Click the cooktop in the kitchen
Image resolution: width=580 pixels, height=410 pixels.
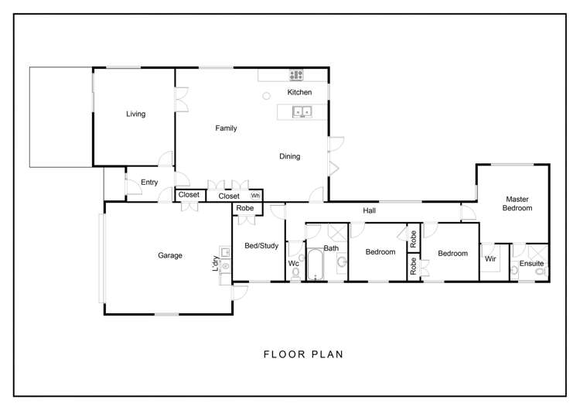[296, 75]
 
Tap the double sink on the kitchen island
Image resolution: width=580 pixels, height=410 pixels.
[302, 112]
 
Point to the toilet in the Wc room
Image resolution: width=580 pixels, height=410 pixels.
[295, 272]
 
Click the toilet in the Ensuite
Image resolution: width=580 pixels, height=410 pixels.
[540, 272]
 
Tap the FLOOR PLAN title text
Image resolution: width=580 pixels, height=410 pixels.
[303, 354]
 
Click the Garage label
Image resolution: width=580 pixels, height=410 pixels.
[170, 255]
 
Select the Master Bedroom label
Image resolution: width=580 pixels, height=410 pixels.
[517, 203]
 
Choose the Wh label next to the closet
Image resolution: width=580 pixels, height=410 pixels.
[254, 196]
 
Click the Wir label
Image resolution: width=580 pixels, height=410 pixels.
[490, 259]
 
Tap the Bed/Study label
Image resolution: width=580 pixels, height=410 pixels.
[261, 245]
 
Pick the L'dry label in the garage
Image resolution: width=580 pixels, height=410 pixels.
[216, 263]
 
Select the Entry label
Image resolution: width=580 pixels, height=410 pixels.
[149, 183]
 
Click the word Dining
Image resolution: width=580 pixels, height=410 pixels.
[289, 156]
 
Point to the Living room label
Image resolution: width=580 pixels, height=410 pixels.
[136, 114]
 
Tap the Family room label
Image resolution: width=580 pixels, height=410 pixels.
[226, 128]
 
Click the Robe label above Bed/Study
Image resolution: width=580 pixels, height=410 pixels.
[244, 208]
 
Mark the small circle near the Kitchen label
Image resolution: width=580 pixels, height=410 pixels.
[266, 95]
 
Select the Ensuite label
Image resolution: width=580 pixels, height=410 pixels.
[531, 264]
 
